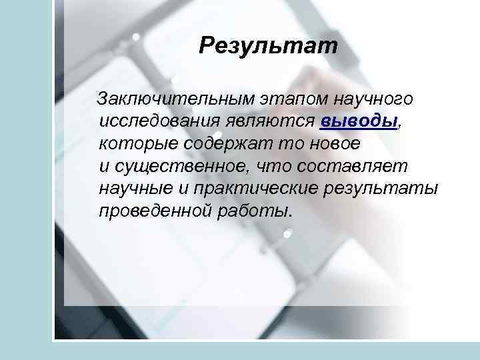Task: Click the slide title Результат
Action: tap(269, 47)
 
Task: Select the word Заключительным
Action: tap(175, 99)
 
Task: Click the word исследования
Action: tap(161, 121)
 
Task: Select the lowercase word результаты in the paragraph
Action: tap(381, 189)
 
